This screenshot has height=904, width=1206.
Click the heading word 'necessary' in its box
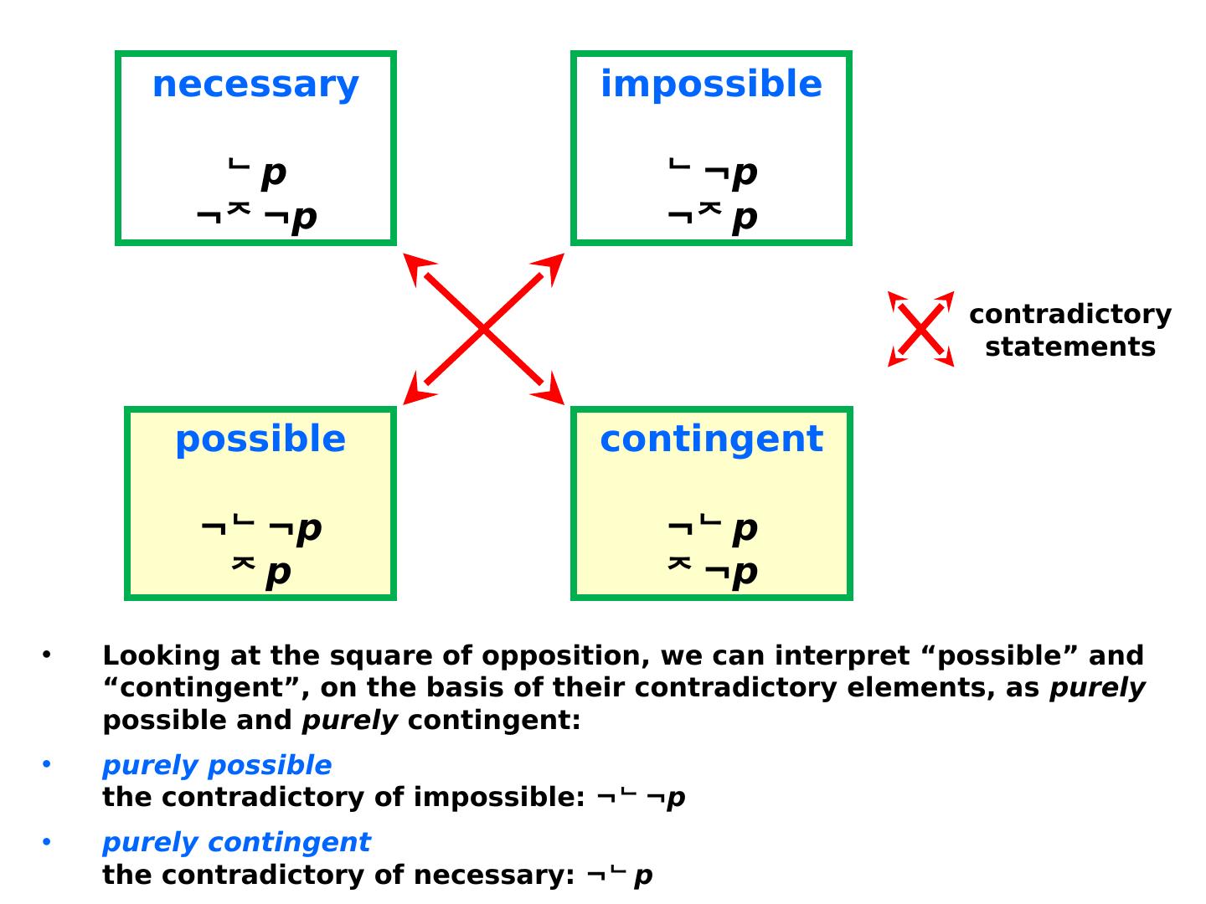coord(255,85)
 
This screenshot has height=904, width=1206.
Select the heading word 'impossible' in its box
coord(711,85)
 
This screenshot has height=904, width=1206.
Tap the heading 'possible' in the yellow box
coord(260,439)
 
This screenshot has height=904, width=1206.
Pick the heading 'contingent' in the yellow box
coord(711,439)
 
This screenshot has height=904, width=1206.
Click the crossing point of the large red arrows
coord(484,330)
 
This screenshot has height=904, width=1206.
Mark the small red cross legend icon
coord(920,329)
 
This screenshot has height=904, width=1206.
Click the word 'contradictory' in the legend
coord(1069,314)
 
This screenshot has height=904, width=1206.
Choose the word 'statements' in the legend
coord(1069,347)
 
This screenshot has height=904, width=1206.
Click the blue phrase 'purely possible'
coord(217,765)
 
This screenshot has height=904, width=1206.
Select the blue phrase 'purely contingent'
coord(236,842)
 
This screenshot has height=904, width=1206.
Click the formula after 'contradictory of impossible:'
coord(641,798)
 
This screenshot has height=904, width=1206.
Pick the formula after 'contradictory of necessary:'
coord(620,876)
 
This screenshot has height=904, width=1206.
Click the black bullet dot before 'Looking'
coord(47,654)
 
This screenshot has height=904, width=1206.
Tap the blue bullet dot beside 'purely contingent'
coord(47,840)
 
